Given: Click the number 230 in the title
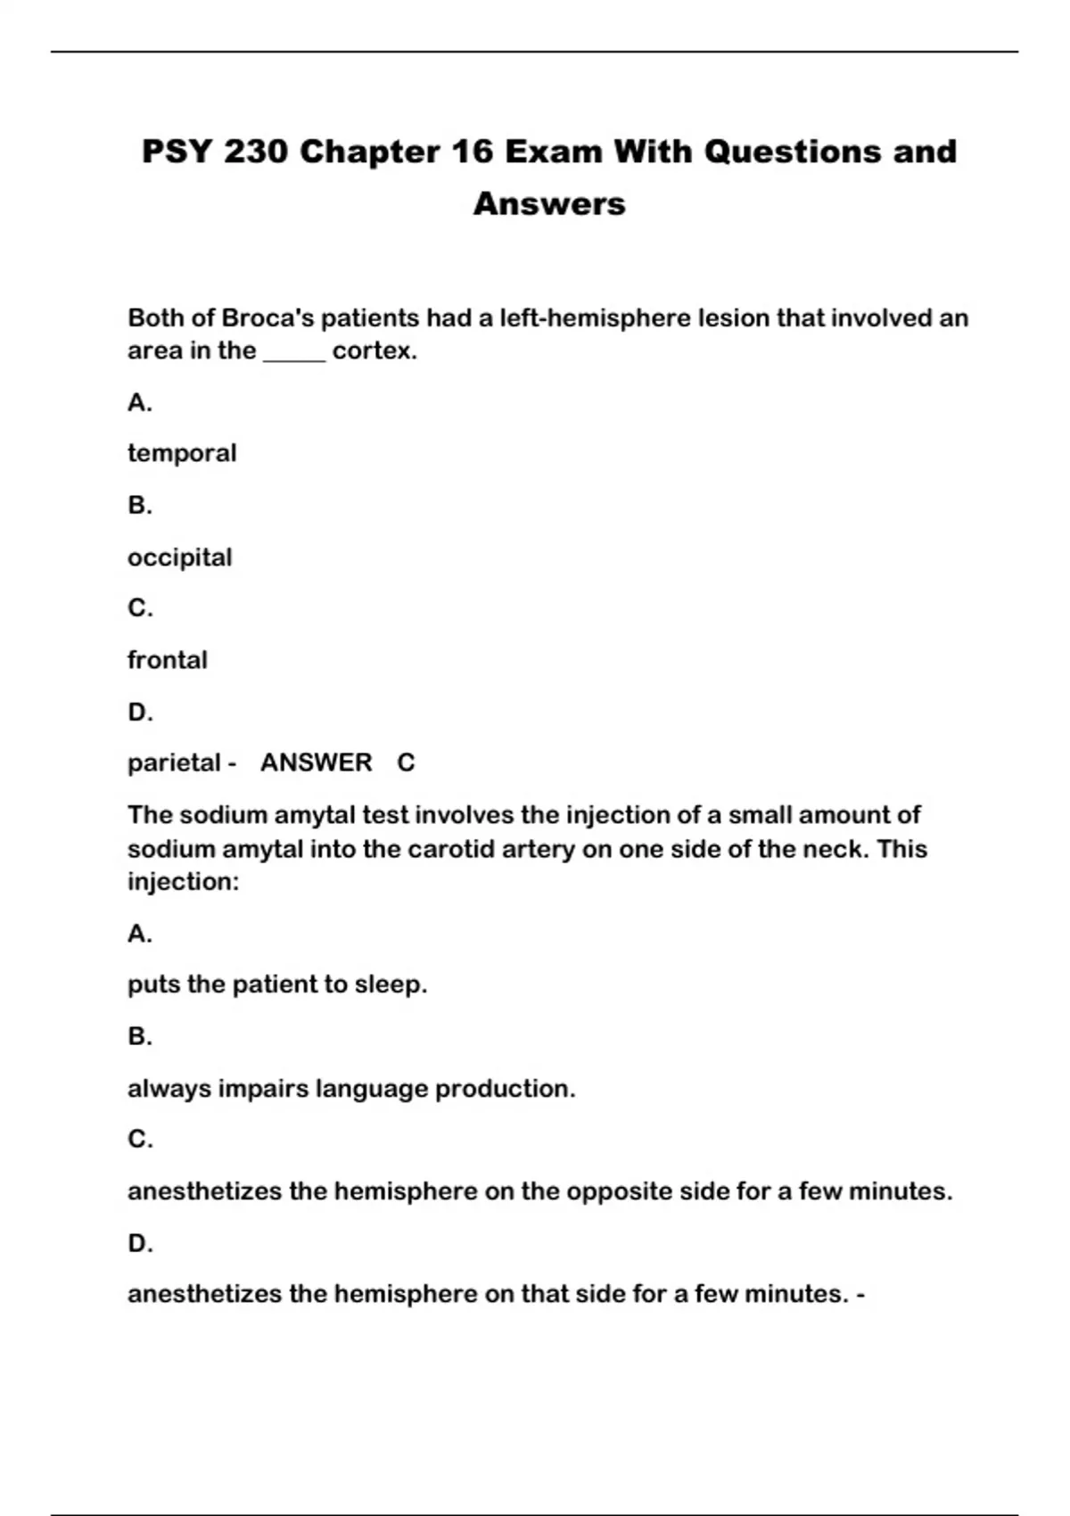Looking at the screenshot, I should pyautogui.click(x=256, y=152).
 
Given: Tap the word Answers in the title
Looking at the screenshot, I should pyautogui.click(x=549, y=203).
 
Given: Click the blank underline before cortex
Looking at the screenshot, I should pyautogui.click(x=294, y=353).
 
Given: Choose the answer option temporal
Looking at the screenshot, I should pyautogui.click(x=182, y=453).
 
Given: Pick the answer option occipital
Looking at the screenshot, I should pyautogui.click(x=179, y=557).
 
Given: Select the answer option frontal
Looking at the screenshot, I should pyautogui.click(x=167, y=660).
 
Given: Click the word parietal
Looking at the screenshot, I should pyautogui.click(x=174, y=763).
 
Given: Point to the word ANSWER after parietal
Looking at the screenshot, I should pyautogui.click(x=316, y=763).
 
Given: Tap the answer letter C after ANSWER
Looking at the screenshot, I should pyautogui.click(x=406, y=763).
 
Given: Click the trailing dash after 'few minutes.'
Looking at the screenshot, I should pyautogui.click(x=860, y=1294).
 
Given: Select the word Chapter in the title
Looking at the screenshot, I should pyautogui.click(x=369, y=152).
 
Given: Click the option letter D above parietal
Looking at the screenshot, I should pyautogui.click(x=140, y=713).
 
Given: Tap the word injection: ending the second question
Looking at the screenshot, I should pyautogui.click(x=183, y=882).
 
